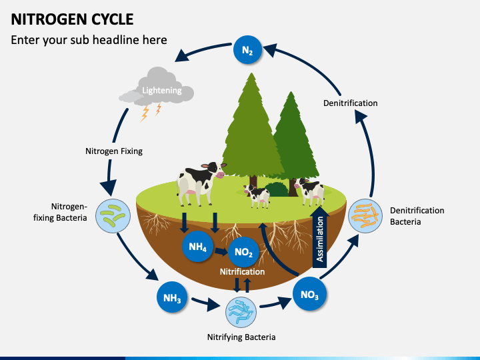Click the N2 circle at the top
247,49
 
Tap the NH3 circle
172,297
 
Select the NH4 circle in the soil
197,247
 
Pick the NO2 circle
244,252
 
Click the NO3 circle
309,294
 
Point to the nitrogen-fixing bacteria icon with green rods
113,216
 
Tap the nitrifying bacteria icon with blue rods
241,312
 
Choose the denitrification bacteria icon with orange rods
365,216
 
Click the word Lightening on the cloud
161,90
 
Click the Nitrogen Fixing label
114,151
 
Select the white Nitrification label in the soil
242,271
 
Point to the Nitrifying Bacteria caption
241,337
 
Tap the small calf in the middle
257,196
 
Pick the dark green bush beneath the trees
277,189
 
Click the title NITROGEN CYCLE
72,19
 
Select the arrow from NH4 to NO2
221,251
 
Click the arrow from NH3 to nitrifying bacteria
206,303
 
